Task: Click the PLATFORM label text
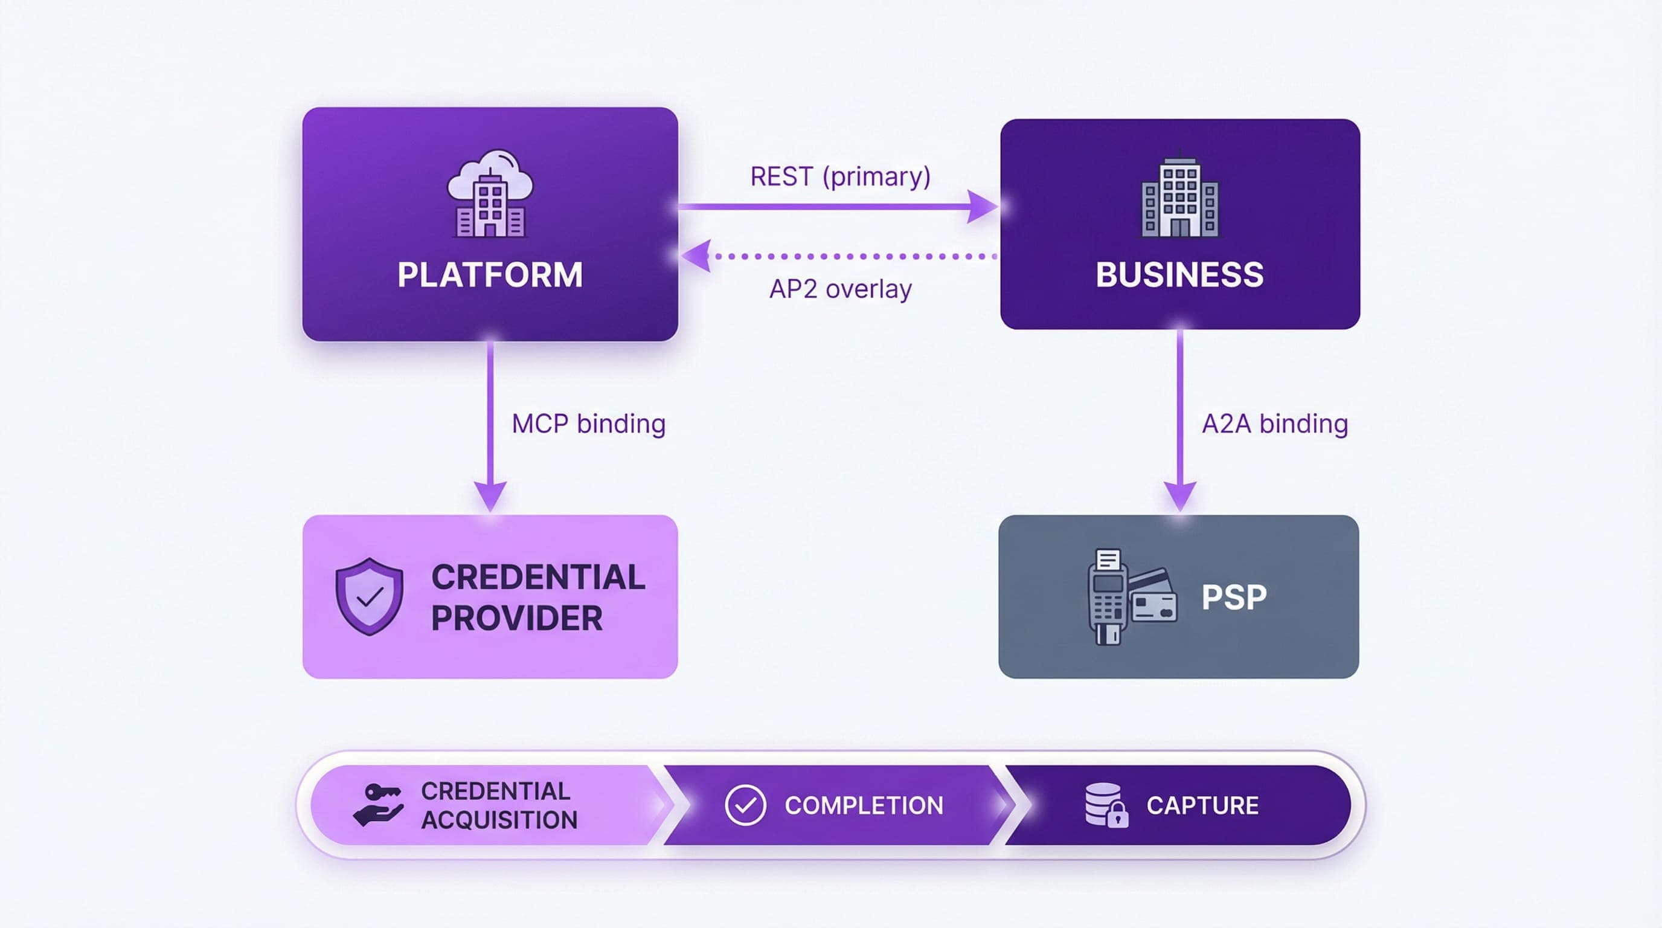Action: coord(490,274)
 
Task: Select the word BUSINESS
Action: coord(1179,274)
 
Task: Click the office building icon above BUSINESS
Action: coord(1179,196)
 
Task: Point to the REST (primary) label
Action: coord(840,177)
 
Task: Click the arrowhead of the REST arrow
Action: coord(982,207)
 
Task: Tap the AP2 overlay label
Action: coord(840,289)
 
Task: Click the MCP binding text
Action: coord(588,424)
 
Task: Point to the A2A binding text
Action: coord(1274,424)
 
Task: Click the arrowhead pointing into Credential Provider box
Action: coord(490,495)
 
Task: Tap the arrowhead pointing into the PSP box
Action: coord(1180,495)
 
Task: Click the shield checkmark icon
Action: coord(369,596)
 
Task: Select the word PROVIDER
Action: coord(516,618)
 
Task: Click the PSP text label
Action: coord(1234,597)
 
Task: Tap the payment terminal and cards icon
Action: coord(1131,596)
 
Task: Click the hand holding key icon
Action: coord(379,805)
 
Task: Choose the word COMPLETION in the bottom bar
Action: coord(863,805)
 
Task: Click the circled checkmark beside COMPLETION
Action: coord(745,805)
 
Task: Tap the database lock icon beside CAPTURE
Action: coord(1106,805)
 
